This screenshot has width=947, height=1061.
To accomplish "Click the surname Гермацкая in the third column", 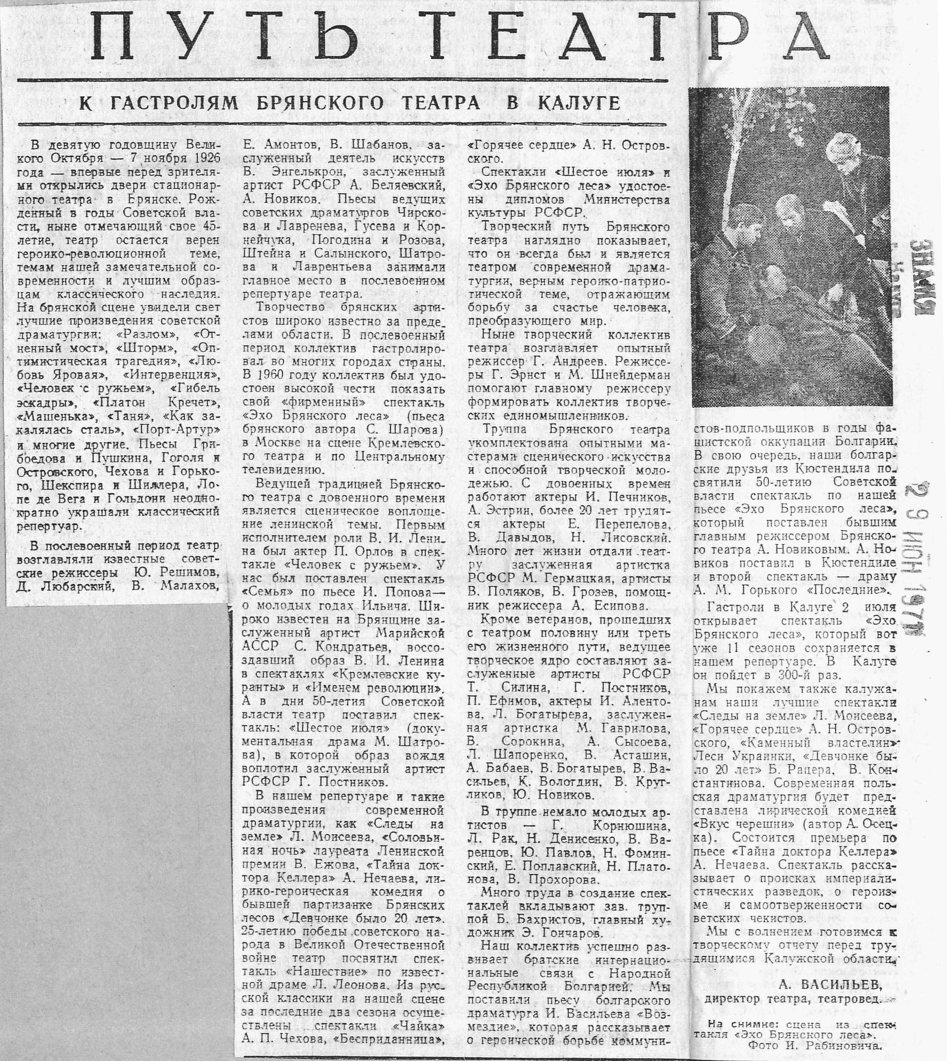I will click(547, 579).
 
